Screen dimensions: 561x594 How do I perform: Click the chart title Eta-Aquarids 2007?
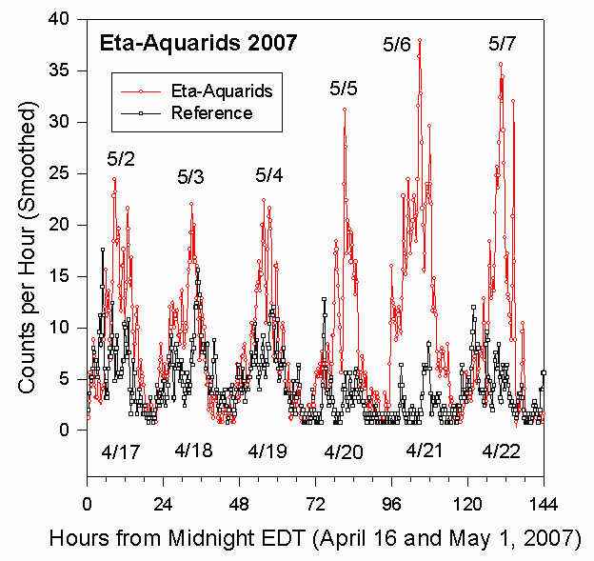click(x=198, y=43)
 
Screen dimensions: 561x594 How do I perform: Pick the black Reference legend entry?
click(x=211, y=113)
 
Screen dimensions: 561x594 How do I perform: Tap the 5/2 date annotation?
click(x=121, y=158)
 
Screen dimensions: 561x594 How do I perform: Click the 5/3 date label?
click(x=190, y=177)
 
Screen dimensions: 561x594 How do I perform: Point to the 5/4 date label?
click(x=269, y=175)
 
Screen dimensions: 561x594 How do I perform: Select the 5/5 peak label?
click(x=344, y=90)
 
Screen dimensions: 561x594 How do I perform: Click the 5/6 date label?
click(x=396, y=44)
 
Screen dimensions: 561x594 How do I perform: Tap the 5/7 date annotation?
click(x=503, y=44)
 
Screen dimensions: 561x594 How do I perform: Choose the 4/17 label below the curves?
click(x=121, y=451)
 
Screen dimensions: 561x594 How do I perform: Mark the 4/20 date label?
click(x=344, y=451)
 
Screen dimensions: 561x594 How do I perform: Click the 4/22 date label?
click(x=501, y=451)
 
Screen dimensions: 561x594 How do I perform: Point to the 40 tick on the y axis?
click(x=63, y=19)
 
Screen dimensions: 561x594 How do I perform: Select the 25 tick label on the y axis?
click(x=63, y=173)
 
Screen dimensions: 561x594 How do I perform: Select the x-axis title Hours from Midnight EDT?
click(x=315, y=538)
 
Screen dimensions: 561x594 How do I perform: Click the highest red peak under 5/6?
click(x=420, y=40)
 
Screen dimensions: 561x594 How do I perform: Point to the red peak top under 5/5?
click(x=345, y=109)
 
